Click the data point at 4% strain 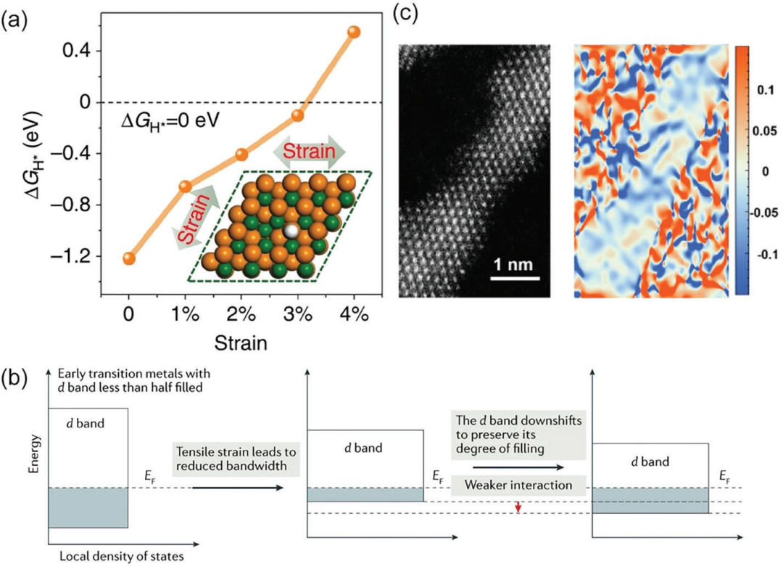pyautogui.click(x=354, y=32)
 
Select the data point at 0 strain pyautogui.click(x=129, y=259)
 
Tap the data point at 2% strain pyautogui.click(x=241, y=155)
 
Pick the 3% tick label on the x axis pyautogui.click(x=297, y=317)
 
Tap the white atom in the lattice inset pyautogui.click(x=291, y=231)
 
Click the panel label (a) pyautogui.click(x=15, y=20)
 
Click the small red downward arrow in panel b pyautogui.click(x=518, y=507)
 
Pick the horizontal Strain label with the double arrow pyautogui.click(x=310, y=152)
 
